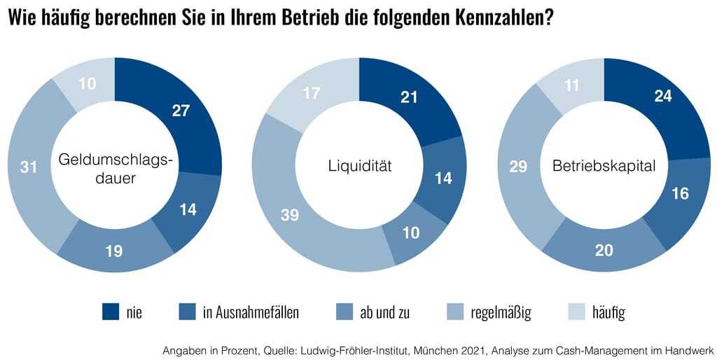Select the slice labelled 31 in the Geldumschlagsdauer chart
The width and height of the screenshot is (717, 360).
pos(30,168)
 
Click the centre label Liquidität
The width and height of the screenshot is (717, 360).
pos(359,167)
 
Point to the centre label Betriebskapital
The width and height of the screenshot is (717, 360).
pos(604,167)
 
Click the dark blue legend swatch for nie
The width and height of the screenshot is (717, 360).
pos(111,312)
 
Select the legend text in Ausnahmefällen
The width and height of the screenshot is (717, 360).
pos(251,312)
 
